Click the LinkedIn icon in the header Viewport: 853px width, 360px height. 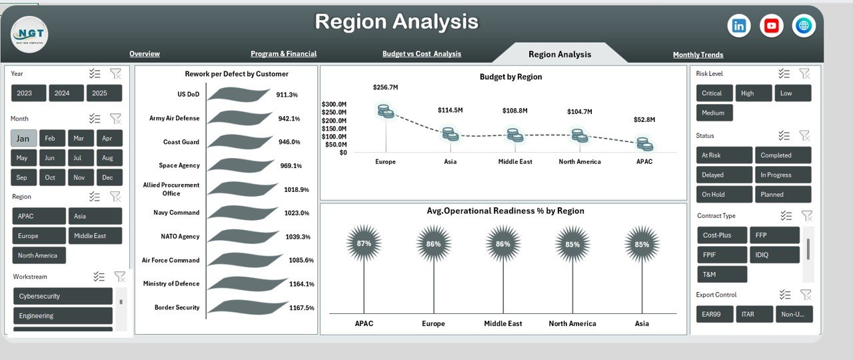pos(739,26)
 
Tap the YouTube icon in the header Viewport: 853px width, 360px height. pos(772,26)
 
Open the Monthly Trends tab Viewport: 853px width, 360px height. pos(698,55)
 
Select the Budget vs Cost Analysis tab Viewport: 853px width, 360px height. pos(421,54)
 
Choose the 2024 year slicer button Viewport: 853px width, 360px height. pos(66,93)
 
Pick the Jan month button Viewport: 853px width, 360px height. pos(23,139)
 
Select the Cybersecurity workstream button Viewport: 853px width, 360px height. pos(63,296)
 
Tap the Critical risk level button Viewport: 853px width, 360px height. pos(714,93)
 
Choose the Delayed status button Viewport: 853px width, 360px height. pos(724,175)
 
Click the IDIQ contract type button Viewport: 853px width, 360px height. pos(774,255)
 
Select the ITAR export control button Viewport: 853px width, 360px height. pos(754,314)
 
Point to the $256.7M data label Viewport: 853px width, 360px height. pos(385,87)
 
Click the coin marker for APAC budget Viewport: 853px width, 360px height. pos(644,143)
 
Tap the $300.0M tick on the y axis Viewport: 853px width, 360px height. pos(334,105)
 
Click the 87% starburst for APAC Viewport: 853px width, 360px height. pos(364,243)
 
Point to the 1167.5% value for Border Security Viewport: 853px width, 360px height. pos(301,308)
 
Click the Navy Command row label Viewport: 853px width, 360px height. pos(175,213)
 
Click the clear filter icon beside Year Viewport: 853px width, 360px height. pos(115,73)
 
